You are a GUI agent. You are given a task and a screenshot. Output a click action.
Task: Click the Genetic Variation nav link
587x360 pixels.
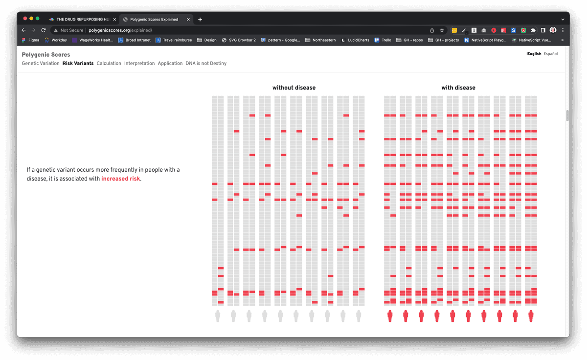(41, 64)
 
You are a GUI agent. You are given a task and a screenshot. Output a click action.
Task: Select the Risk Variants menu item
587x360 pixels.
(78, 64)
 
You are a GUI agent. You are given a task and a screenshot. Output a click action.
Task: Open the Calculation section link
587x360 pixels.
(109, 64)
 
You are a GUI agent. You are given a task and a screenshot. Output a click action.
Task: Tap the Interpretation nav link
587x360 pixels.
(139, 64)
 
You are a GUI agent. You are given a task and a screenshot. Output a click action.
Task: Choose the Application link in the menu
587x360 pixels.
(170, 64)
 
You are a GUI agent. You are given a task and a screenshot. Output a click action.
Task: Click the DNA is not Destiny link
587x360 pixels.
(206, 64)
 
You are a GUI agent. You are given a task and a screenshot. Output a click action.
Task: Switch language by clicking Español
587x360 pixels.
(550, 54)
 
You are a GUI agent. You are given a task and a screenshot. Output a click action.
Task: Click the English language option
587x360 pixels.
(534, 54)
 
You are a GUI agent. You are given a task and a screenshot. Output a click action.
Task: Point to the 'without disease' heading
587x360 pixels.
(294, 88)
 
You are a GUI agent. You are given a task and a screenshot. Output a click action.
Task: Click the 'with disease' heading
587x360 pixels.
(458, 88)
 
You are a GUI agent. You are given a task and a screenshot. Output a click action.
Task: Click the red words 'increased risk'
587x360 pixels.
(121, 179)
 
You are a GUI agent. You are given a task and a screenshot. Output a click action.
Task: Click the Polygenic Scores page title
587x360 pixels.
(46, 55)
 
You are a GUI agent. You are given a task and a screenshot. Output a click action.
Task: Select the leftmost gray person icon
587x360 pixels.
(218, 316)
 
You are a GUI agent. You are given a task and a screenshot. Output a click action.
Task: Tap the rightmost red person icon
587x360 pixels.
(531, 316)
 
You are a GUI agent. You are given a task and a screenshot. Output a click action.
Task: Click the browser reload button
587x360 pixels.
(43, 30)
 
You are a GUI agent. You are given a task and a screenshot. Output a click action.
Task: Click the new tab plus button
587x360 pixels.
(200, 20)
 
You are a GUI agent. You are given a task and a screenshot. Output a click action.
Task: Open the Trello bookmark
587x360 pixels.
(383, 40)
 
